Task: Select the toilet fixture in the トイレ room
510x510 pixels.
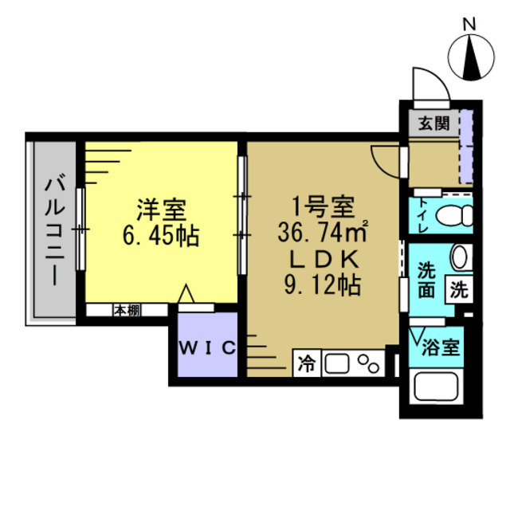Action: (x=455, y=215)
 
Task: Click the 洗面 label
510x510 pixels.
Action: (x=427, y=279)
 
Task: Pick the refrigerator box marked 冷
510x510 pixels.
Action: (x=307, y=363)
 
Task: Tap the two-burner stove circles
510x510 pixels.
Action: (x=369, y=363)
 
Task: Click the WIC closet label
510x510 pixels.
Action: (x=206, y=347)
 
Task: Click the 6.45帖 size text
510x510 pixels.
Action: (x=163, y=236)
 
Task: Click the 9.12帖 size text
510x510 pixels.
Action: (x=321, y=283)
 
